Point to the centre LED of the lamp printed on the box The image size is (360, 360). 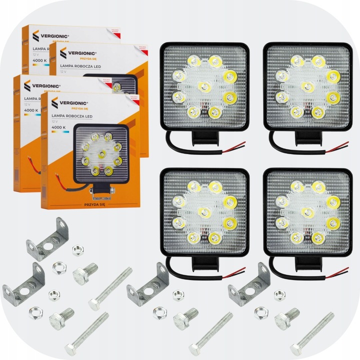tap(102, 151)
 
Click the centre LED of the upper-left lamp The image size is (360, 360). tap(203, 86)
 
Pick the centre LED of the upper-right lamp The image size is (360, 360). tap(307, 85)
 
